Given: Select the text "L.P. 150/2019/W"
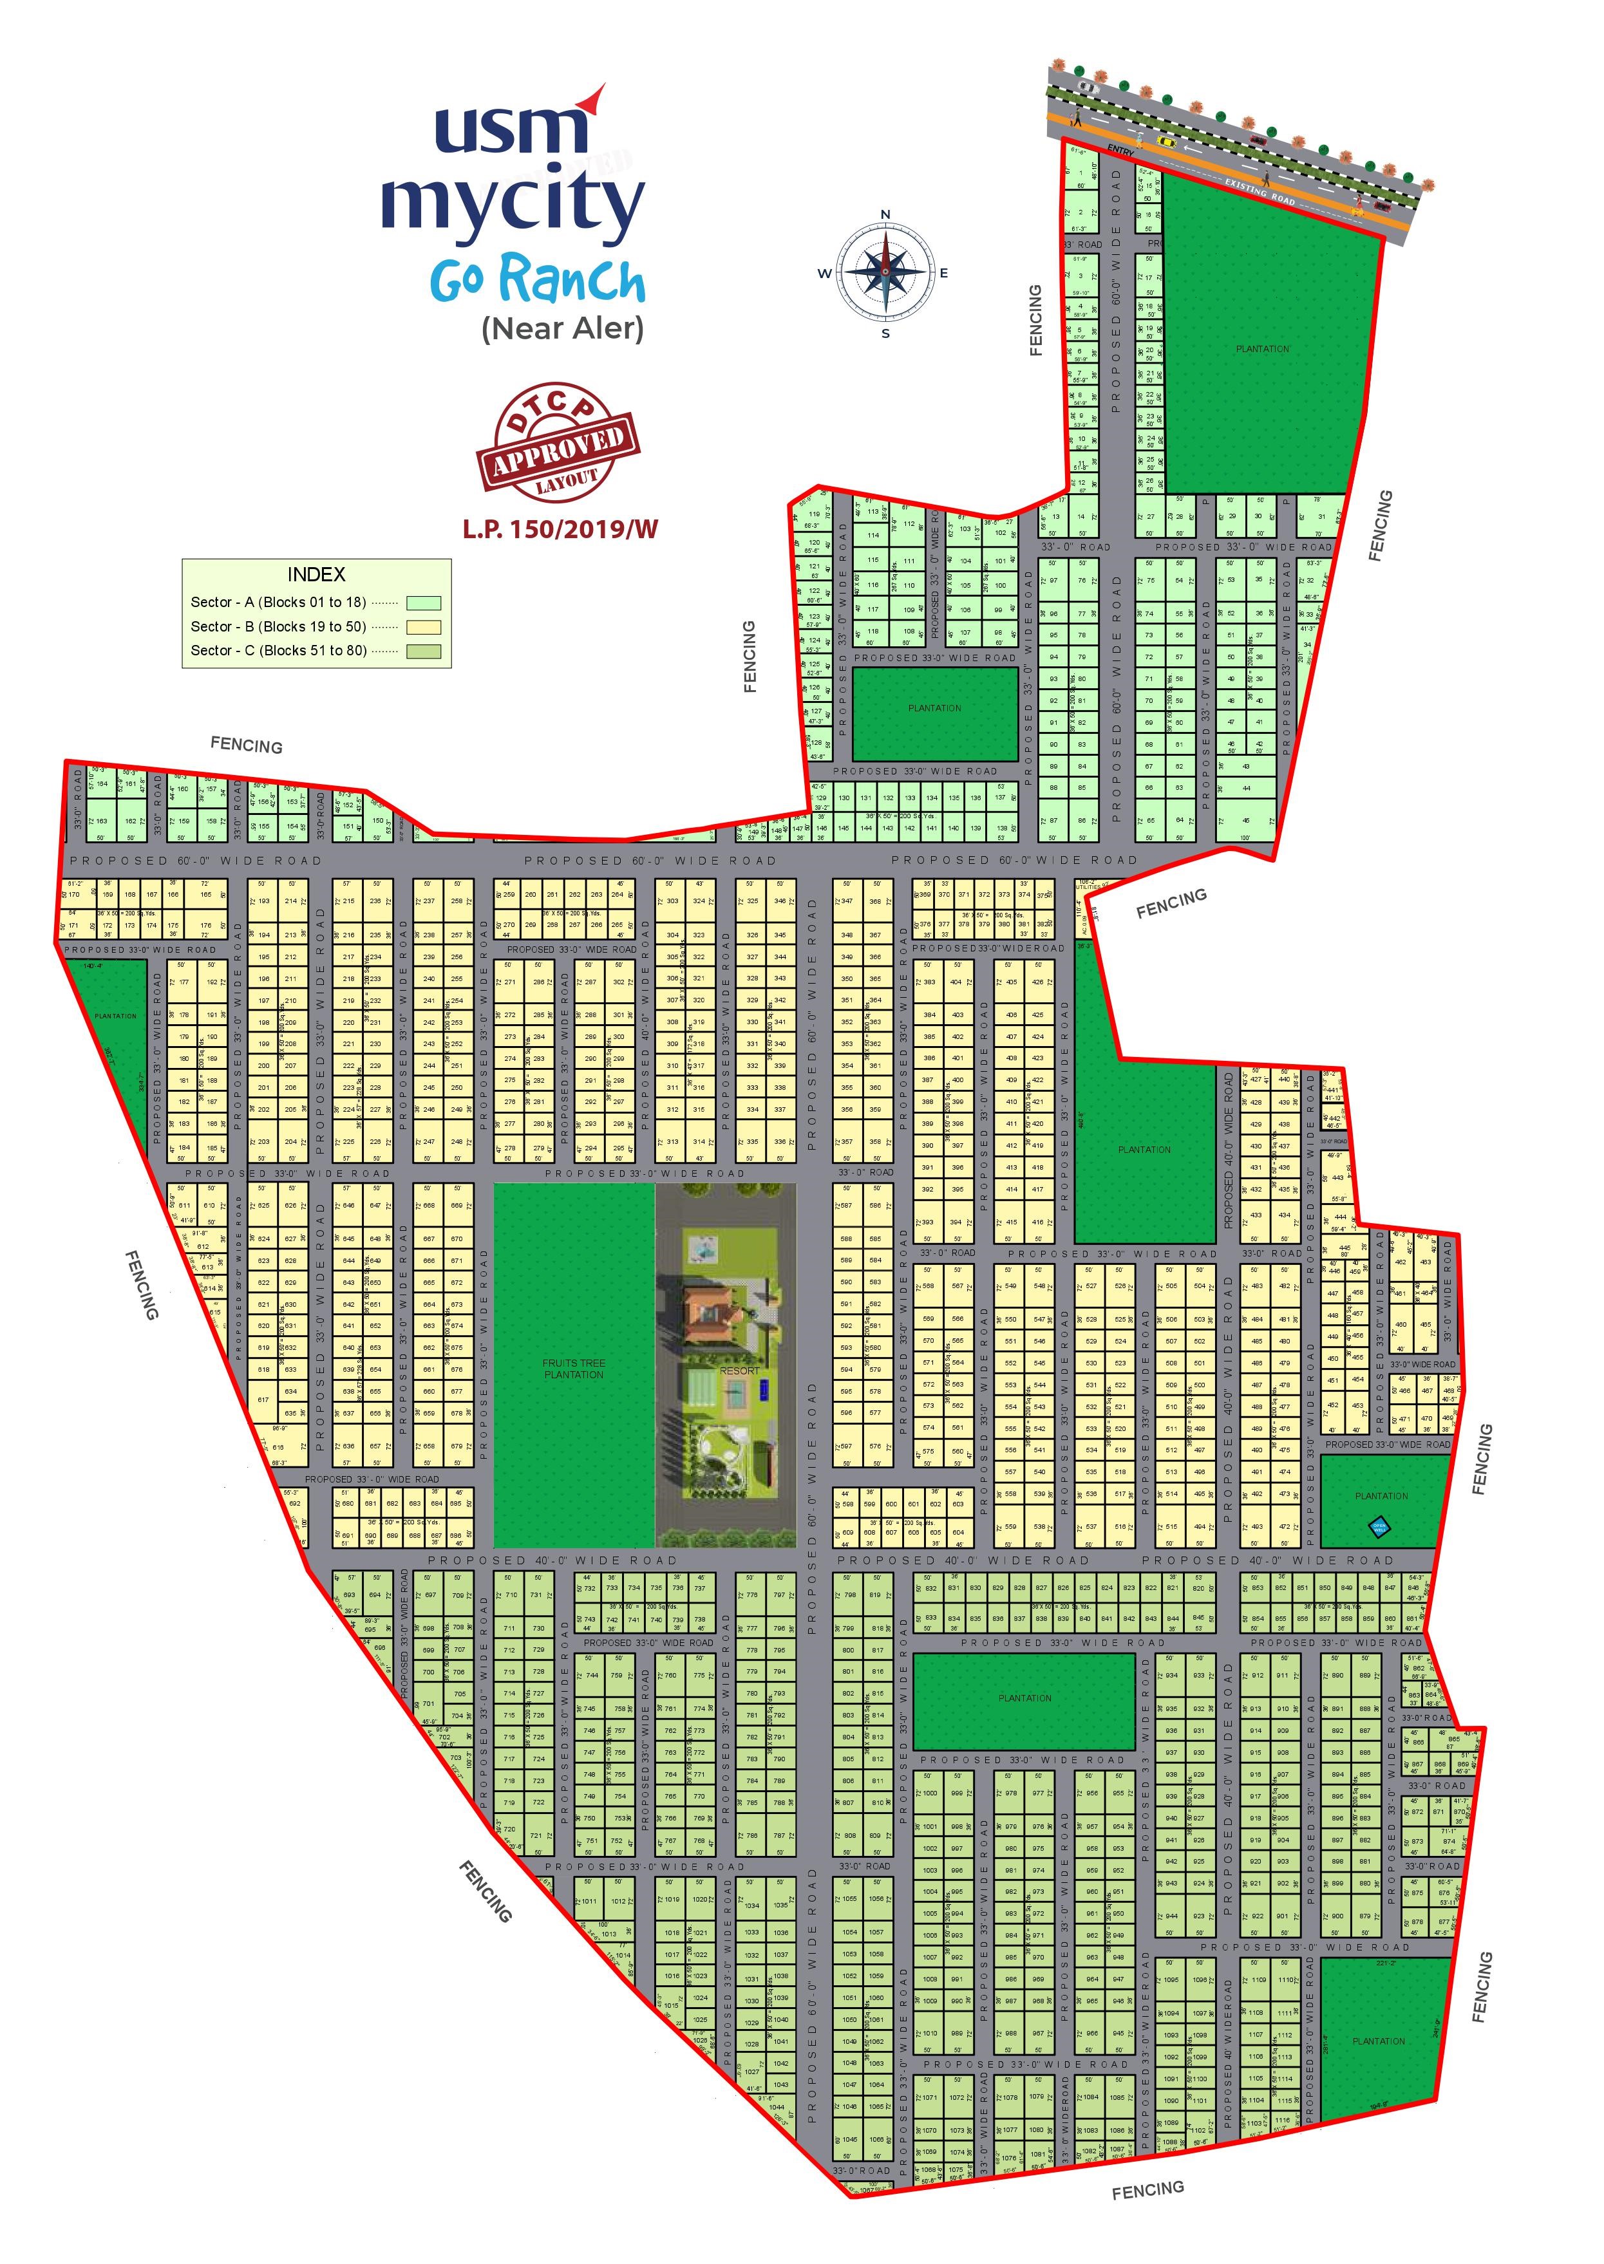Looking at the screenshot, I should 560,529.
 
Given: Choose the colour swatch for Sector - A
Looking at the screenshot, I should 424,603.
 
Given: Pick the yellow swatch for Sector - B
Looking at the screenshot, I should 424,627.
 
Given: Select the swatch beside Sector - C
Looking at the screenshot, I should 424,651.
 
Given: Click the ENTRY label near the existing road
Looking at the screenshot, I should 1120,149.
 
